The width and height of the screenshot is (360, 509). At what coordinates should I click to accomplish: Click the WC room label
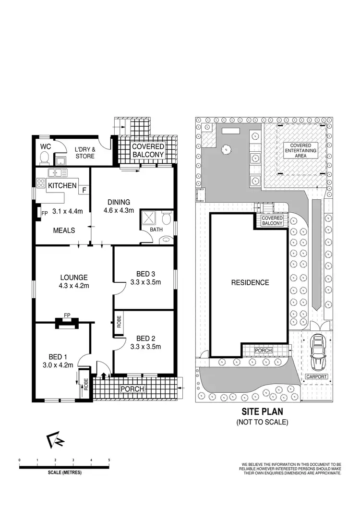pos(46,146)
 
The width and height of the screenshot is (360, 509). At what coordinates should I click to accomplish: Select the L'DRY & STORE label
pos(85,152)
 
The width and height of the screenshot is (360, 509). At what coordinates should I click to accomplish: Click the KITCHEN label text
pos(61,185)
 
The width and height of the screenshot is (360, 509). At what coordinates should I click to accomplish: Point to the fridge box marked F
pos(84,190)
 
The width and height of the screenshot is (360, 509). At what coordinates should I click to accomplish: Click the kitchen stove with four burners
pos(40,183)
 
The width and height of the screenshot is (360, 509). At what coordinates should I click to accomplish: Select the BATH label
pos(156,230)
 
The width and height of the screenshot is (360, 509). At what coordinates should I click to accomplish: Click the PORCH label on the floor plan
pos(132,388)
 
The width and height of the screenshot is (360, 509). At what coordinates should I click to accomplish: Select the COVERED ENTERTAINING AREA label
pos(300,150)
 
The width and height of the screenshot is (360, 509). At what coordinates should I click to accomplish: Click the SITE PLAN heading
pos(262,412)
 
